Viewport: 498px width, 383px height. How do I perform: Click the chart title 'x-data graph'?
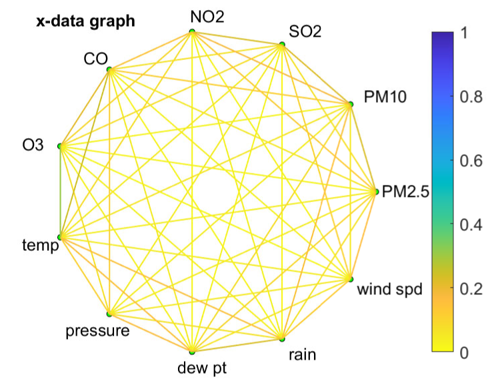click(86, 21)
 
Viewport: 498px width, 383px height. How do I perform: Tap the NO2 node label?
click(207, 16)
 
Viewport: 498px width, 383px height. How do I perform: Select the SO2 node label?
click(305, 31)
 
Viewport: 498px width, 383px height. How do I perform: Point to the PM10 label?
click(386, 96)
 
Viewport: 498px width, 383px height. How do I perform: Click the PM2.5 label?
click(405, 193)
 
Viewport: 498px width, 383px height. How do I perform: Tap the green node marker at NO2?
click(192, 31)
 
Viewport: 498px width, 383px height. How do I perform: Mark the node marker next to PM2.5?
click(376, 192)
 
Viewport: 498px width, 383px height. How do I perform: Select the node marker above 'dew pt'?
click(192, 351)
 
